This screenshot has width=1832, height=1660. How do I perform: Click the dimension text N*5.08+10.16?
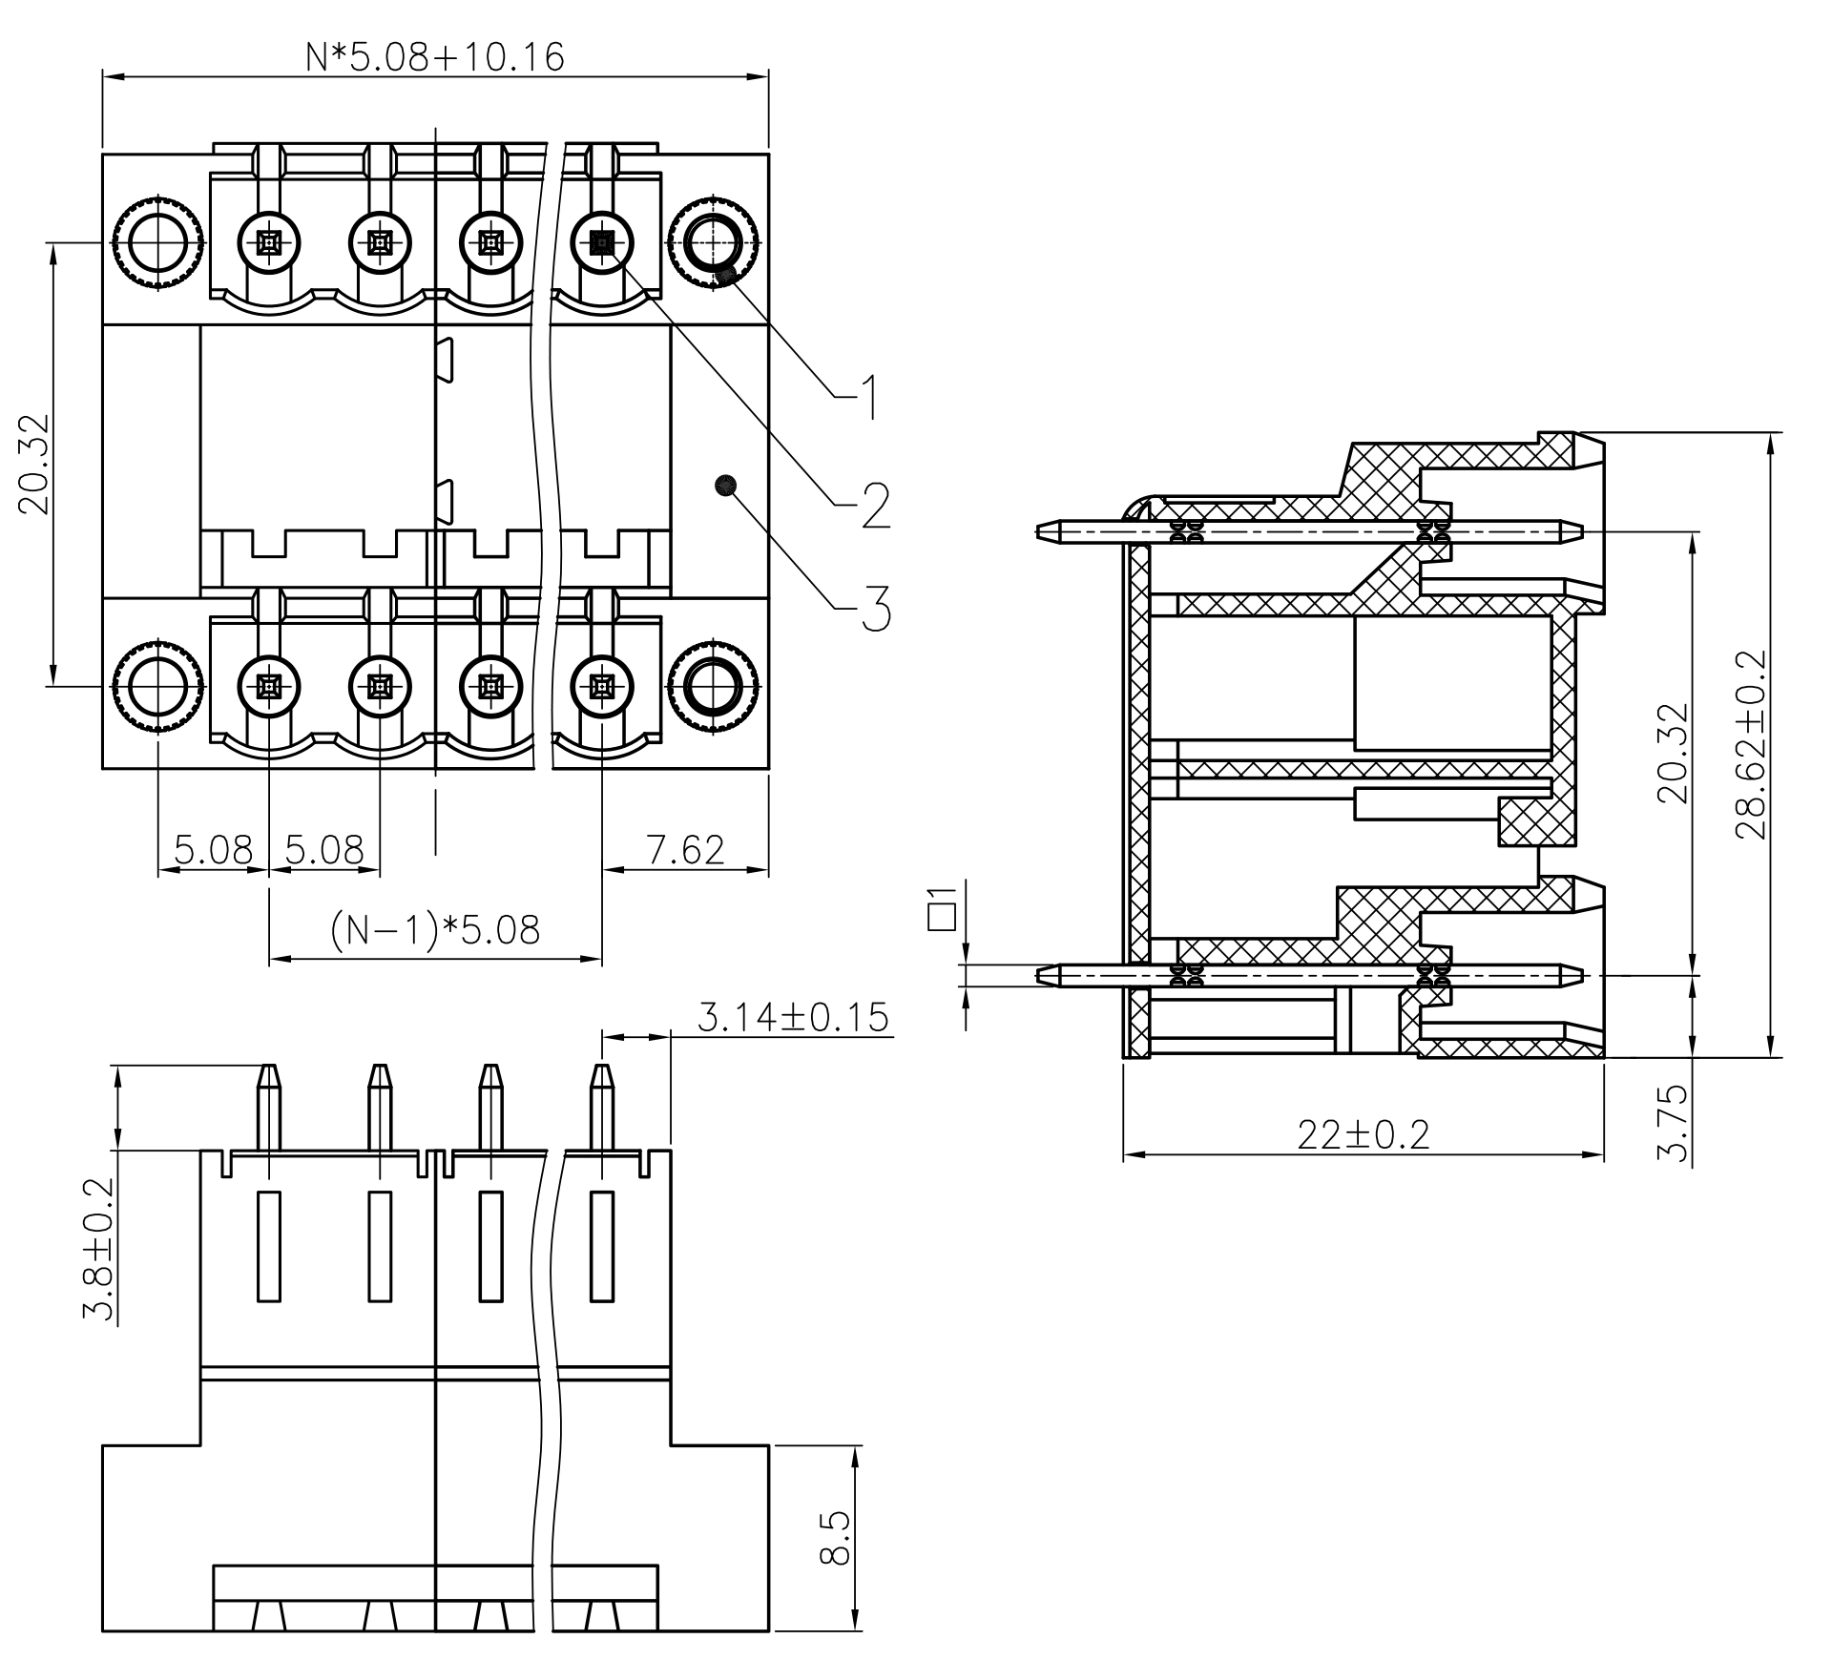(x=435, y=57)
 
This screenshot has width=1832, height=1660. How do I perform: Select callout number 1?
(x=867, y=398)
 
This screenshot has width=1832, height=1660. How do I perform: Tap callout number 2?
(x=875, y=506)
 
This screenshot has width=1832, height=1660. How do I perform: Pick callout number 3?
(x=875, y=609)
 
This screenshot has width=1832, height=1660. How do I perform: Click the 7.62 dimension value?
(x=685, y=849)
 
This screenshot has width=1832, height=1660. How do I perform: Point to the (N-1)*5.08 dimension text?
(x=435, y=929)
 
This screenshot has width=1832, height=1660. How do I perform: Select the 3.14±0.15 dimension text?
(x=792, y=1018)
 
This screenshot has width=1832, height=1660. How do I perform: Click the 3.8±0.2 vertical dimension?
(x=98, y=1249)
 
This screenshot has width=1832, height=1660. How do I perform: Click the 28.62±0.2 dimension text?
(x=1751, y=744)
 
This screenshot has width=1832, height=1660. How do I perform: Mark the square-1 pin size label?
(x=942, y=907)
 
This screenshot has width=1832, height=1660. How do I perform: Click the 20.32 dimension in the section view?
(x=1672, y=754)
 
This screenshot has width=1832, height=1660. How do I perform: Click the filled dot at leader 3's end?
(x=725, y=486)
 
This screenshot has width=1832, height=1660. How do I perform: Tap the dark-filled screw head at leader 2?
(x=602, y=244)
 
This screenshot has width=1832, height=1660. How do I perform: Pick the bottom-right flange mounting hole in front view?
(x=713, y=686)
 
